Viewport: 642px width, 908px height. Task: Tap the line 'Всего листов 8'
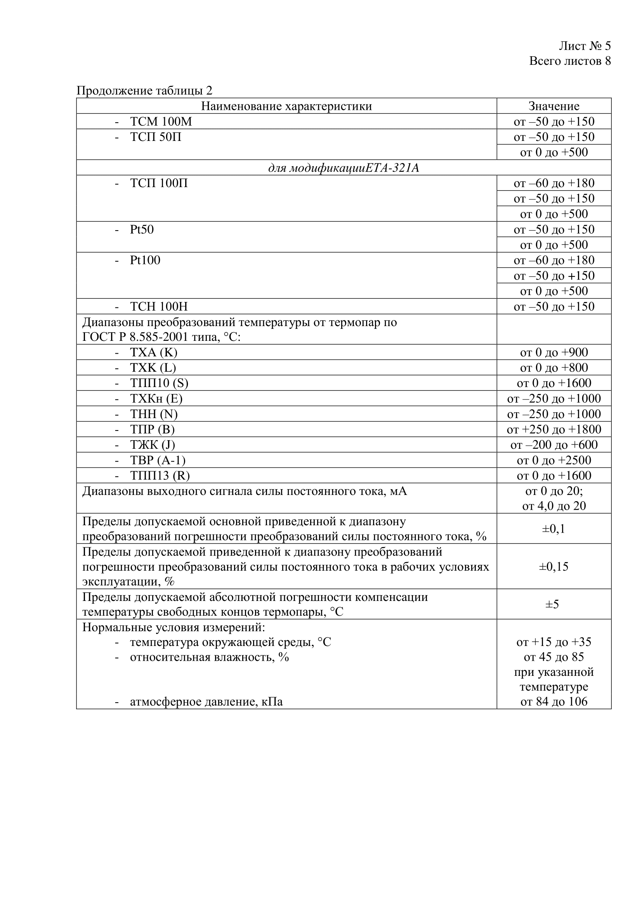point(570,61)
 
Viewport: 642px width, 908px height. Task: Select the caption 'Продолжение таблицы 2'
point(144,90)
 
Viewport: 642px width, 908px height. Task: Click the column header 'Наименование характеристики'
point(286,106)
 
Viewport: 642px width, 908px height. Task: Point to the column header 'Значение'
point(554,106)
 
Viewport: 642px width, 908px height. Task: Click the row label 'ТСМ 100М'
point(161,122)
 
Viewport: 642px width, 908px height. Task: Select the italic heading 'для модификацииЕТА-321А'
point(343,168)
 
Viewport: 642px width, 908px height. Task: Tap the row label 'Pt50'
point(142,229)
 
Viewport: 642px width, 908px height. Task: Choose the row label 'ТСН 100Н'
point(158,307)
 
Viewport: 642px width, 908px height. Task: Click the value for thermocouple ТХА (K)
point(554,352)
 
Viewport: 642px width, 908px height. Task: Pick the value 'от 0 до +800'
point(554,368)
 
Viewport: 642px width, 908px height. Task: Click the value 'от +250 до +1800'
point(554,429)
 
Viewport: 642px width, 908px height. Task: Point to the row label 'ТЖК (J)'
point(152,445)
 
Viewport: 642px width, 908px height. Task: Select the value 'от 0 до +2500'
point(554,460)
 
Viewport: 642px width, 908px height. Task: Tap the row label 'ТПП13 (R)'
point(160,476)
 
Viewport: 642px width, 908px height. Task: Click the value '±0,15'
point(554,567)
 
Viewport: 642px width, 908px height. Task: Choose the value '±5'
point(552,604)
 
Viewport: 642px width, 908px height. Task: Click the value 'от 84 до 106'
point(554,702)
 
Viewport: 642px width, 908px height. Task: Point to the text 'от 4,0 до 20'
point(554,506)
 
